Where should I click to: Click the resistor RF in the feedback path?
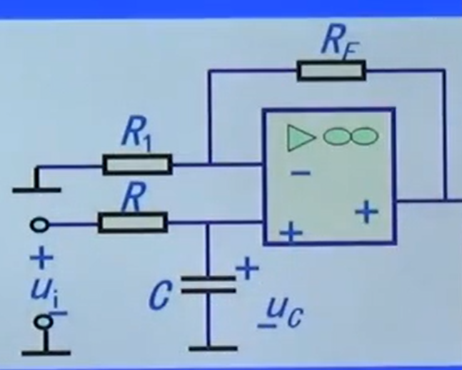tap(331, 70)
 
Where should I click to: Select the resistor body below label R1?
tap(137, 165)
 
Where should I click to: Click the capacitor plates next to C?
tap(208, 285)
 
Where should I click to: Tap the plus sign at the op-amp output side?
tap(366, 212)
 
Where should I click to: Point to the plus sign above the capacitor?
tap(246, 269)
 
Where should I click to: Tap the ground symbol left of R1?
tap(36, 188)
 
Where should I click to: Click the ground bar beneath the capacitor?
tap(212, 349)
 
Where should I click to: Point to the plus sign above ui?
tap(44, 257)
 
